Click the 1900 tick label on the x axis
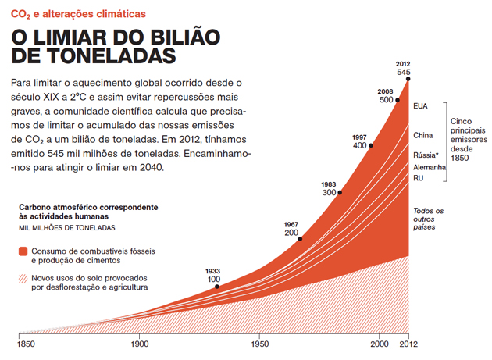point(140,343)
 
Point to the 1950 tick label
point(260,343)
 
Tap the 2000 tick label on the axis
point(379,343)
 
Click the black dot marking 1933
point(217,287)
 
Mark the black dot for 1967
point(299,240)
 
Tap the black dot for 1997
point(371,145)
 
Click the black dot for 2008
point(398,99)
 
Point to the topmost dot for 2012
point(408,79)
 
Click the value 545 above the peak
point(403,72)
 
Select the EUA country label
point(422,105)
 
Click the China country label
point(423,135)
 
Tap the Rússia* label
point(427,155)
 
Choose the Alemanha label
point(430,167)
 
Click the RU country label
point(418,179)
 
